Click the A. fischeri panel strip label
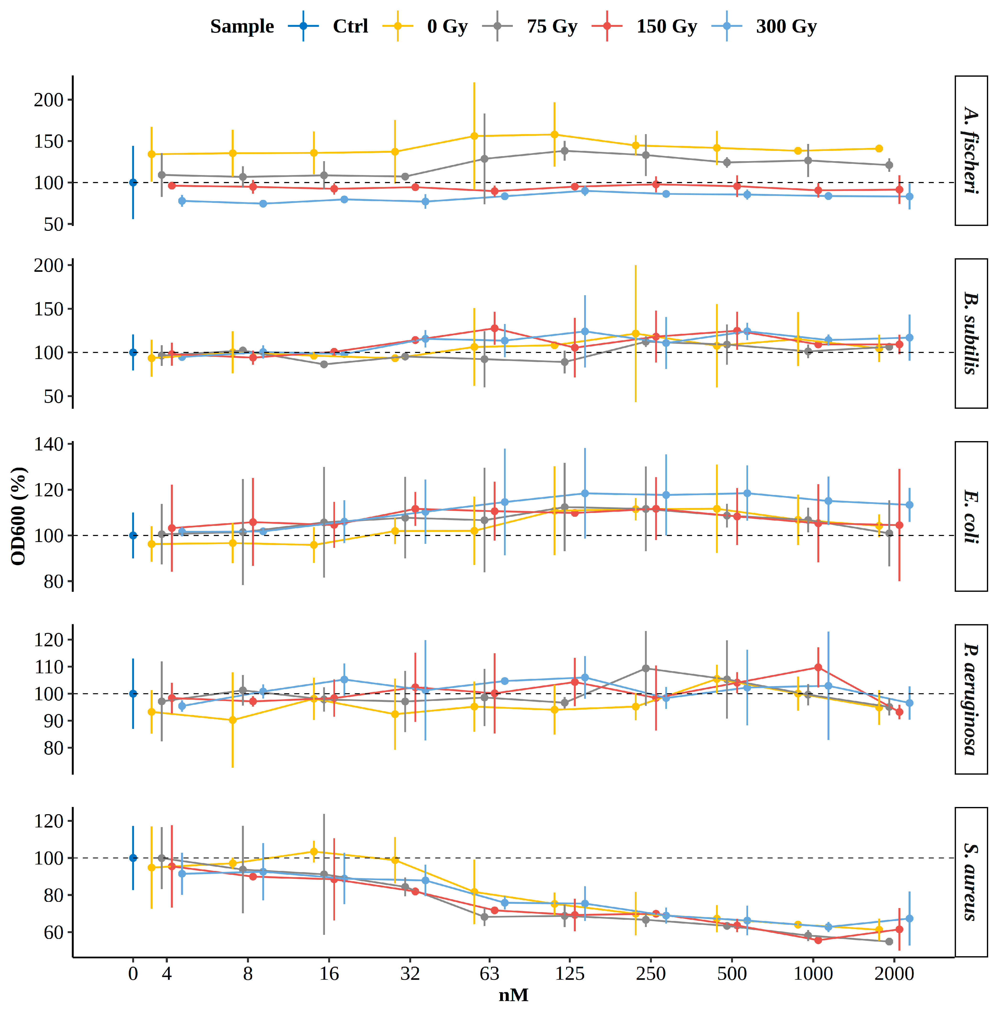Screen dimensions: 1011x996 (x=970, y=151)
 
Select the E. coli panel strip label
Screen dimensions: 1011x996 (x=970, y=517)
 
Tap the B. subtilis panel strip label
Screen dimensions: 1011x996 (x=970, y=333)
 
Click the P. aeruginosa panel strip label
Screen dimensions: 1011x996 (x=970, y=699)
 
